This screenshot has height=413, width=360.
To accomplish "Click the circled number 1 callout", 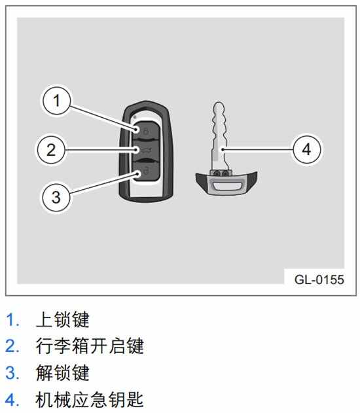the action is tap(57, 101).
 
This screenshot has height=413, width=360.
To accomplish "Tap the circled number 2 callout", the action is tap(51, 150).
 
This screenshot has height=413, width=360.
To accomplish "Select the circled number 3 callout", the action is tap(56, 197).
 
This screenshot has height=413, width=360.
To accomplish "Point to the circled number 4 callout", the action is tap(307, 149).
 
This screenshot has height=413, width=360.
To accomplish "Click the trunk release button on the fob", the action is tap(145, 151).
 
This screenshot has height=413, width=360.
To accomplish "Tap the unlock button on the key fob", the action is tap(145, 171).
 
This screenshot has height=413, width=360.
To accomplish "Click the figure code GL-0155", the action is tap(319, 279).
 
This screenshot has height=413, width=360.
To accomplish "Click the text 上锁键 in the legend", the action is tap(63, 319).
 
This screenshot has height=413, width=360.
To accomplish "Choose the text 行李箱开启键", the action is tap(90, 346).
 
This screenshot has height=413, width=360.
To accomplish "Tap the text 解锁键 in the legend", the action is tap(63, 372).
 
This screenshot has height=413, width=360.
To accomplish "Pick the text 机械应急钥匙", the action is tap(90, 399).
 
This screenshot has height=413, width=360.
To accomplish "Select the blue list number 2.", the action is tap(12, 346).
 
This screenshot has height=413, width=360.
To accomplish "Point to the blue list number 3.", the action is tap(12, 373).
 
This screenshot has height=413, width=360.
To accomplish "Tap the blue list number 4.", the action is tap(12, 400).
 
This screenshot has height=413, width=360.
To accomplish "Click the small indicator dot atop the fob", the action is tap(135, 117).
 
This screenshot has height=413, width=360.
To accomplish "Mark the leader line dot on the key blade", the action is tap(223, 150).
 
